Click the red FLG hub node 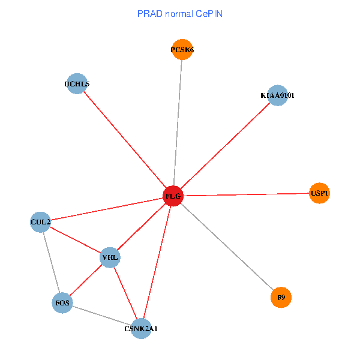(x=173, y=196)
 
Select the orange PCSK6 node (x=182, y=50)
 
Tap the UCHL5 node (x=77, y=84)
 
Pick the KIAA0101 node (x=277, y=95)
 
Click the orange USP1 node (x=319, y=193)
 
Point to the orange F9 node (x=281, y=297)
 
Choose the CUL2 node (x=40, y=222)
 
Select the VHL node (x=110, y=258)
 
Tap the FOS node (x=62, y=303)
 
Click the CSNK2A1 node (x=141, y=328)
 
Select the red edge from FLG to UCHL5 (x=125, y=140)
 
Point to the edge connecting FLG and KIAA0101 (x=225, y=146)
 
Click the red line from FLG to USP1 (x=246, y=194)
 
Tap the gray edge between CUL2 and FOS (x=51, y=262)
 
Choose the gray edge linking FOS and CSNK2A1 (x=102, y=316)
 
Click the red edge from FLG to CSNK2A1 (x=157, y=262)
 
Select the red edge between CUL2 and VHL (x=75, y=240)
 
